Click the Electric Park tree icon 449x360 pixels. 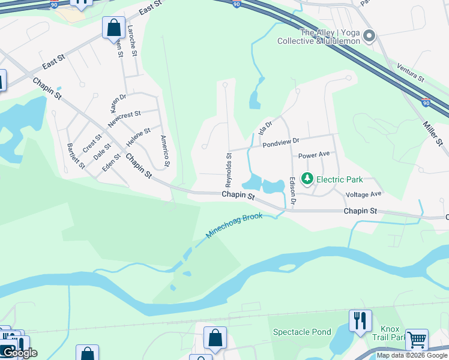[307, 179]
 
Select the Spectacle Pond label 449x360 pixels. [302, 332]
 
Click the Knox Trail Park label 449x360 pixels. [394, 333]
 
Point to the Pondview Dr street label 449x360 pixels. [280, 142]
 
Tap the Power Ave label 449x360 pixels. [314, 154]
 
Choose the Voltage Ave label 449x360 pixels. [364, 194]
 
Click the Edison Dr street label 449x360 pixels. [292, 191]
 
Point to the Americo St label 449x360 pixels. [165, 151]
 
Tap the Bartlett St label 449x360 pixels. [76, 157]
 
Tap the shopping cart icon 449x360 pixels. [416, 339]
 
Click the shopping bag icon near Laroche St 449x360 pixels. [113, 27]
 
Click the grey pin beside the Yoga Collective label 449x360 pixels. [369, 37]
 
